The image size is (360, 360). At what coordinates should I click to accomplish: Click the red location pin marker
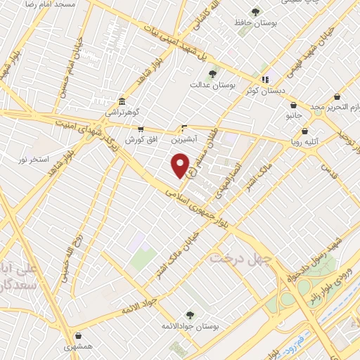(x=181, y=165)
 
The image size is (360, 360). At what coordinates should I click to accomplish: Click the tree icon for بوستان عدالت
(x=212, y=72)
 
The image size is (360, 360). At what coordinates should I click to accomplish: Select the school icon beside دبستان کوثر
(x=265, y=79)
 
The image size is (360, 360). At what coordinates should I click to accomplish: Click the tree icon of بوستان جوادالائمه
(x=188, y=314)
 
